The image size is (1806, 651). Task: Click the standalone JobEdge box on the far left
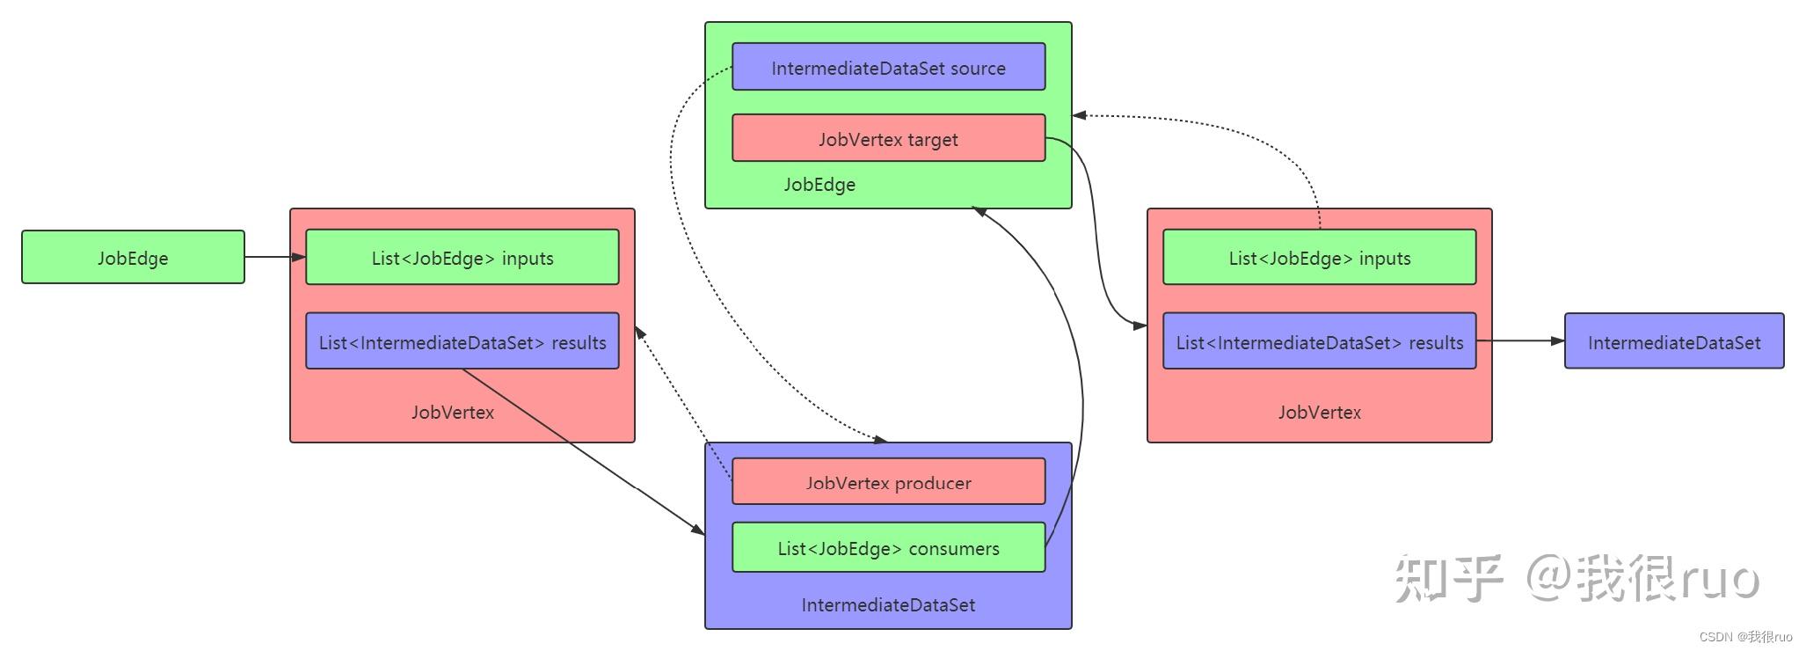(x=133, y=258)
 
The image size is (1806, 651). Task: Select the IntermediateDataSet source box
(x=888, y=68)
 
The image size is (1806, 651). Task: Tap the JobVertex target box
(x=888, y=139)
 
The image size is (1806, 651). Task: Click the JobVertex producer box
(x=888, y=482)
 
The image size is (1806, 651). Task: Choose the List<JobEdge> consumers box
(x=888, y=548)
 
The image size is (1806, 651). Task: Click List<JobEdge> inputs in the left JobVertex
(x=462, y=258)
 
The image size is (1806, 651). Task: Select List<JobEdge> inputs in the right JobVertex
(x=1319, y=258)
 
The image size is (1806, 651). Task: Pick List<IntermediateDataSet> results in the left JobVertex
(x=462, y=342)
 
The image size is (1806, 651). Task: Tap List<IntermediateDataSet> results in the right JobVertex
(x=1319, y=342)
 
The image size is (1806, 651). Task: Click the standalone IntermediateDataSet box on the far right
(x=1673, y=342)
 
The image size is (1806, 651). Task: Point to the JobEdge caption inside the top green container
(x=819, y=185)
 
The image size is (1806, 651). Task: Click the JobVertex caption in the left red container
(x=452, y=412)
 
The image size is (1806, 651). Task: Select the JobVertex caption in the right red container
(x=1319, y=412)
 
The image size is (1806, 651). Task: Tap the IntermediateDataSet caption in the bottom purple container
(x=888, y=604)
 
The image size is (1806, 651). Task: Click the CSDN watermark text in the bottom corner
(x=1745, y=637)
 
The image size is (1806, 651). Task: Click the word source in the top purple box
(x=978, y=68)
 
